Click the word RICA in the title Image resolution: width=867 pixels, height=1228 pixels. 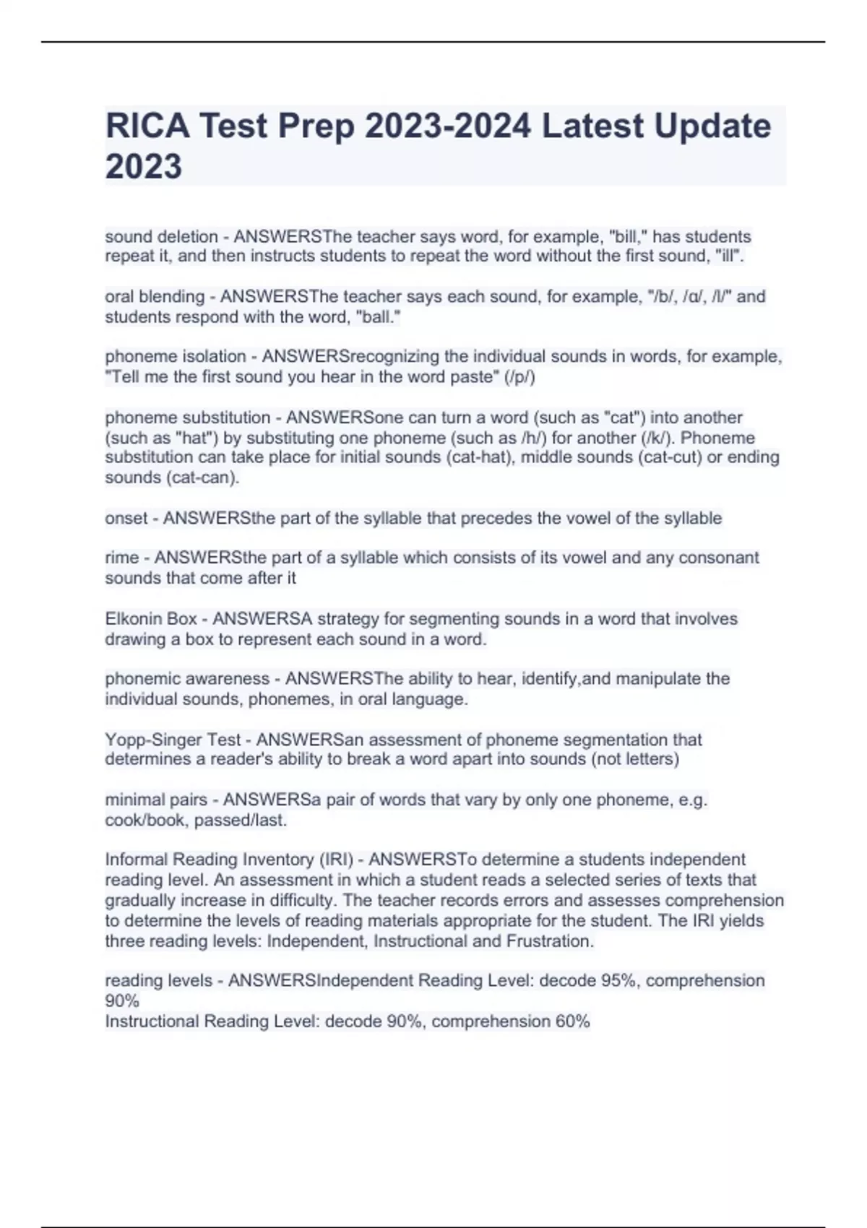(x=147, y=126)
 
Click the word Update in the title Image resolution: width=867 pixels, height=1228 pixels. (x=712, y=126)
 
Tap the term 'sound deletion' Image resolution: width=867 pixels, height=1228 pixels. (x=161, y=237)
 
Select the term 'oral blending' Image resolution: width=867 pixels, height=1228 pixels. (x=155, y=297)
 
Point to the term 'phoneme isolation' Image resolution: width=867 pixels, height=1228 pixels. (x=176, y=357)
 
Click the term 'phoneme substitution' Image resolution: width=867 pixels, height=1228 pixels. (x=188, y=418)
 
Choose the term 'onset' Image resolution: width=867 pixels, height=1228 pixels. (x=126, y=519)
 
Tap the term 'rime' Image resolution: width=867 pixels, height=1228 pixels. (x=122, y=558)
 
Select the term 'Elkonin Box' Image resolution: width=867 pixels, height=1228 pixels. (x=151, y=619)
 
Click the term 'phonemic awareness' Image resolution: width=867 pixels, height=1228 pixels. (x=187, y=679)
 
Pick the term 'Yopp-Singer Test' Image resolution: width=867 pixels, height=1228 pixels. (x=173, y=740)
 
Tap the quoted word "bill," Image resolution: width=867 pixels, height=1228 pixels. (x=629, y=237)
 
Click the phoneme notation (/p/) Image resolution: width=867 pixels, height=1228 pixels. (x=521, y=377)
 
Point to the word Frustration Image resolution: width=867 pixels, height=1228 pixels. (x=550, y=941)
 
